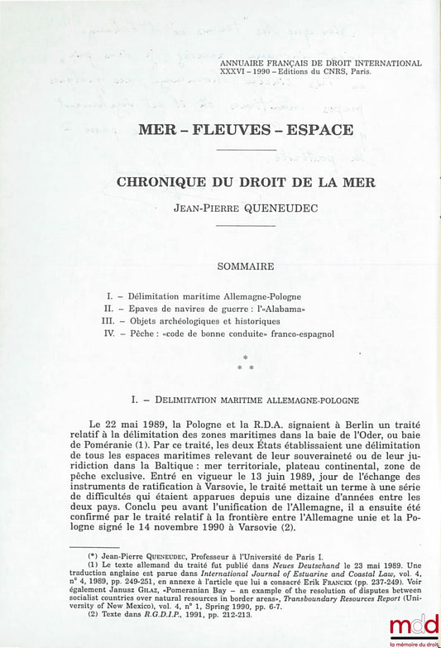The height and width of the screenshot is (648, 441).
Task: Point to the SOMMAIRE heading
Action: click(246, 267)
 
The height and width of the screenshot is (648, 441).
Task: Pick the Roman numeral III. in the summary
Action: click(108, 320)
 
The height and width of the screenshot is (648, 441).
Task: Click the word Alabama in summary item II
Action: click(275, 308)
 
